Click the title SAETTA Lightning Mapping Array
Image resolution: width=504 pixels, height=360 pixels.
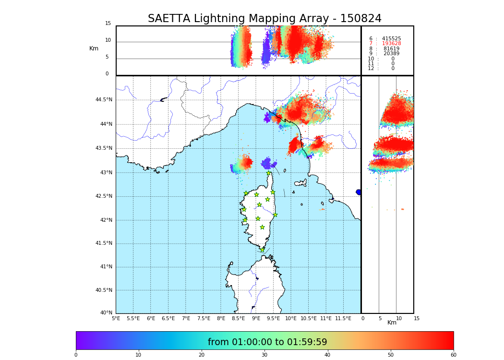(x=264, y=19)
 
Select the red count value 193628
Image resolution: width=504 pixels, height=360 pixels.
(x=391, y=44)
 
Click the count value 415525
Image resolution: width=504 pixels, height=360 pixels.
(x=391, y=38)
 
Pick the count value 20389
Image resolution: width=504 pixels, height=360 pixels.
(x=391, y=54)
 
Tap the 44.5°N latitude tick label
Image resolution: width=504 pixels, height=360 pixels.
(x=104, y=100)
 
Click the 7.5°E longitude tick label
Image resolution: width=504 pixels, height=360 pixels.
(x=204, y=318)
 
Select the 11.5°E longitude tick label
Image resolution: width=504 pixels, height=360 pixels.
(x=343, y=318)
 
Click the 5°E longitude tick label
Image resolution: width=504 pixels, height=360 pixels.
(x=116, y=318)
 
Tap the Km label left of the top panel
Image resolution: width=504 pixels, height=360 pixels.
(x=94, y=48)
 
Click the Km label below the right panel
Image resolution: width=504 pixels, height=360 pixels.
(x=392, y=323)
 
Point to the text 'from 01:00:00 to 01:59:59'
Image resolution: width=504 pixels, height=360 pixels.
(x=267, y=342)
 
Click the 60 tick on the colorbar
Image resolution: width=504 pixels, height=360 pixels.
(x=453, y=355)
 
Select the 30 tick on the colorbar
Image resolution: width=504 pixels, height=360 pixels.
(x=264, y=355)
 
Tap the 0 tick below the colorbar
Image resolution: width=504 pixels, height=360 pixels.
(x=76, y=355)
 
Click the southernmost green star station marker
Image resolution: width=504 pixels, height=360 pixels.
(x=263, y=250)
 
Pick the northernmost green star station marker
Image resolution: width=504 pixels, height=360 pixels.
(x=269, y=173)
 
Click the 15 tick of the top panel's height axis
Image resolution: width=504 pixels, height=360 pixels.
(x=108, y=24)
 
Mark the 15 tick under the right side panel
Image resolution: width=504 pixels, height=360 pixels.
(x=417, y=318)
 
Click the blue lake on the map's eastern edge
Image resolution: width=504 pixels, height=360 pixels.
(x=359, y=192)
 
